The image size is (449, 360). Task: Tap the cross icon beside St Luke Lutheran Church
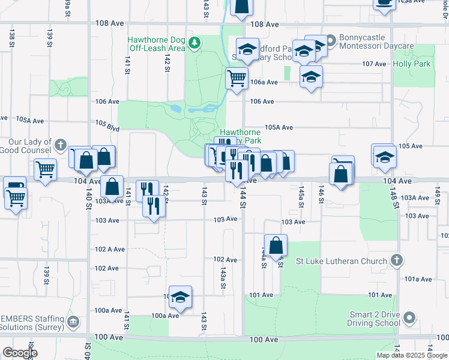pos(396,260)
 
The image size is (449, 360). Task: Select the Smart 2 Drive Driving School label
pos(376,318)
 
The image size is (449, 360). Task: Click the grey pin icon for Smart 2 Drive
pos(410,317)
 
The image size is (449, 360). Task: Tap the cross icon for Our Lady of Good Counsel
pos(61,145)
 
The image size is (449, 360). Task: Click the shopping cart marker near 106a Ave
pos(237,78)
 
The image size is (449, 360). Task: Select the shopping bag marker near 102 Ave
pos(276,245)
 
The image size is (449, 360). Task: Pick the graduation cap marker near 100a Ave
pos(179,296)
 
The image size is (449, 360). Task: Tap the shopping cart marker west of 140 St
pos(45,170)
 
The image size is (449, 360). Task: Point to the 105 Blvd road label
pos(107,126)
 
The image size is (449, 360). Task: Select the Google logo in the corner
pos(19,353)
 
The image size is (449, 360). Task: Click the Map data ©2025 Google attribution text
pos(411,355)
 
